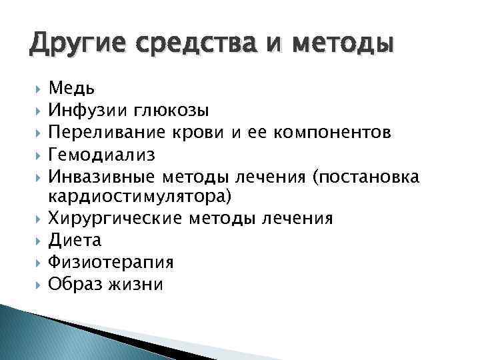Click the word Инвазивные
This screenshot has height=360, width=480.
pos(102,177)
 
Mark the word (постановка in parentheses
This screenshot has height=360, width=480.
pos(369,177)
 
